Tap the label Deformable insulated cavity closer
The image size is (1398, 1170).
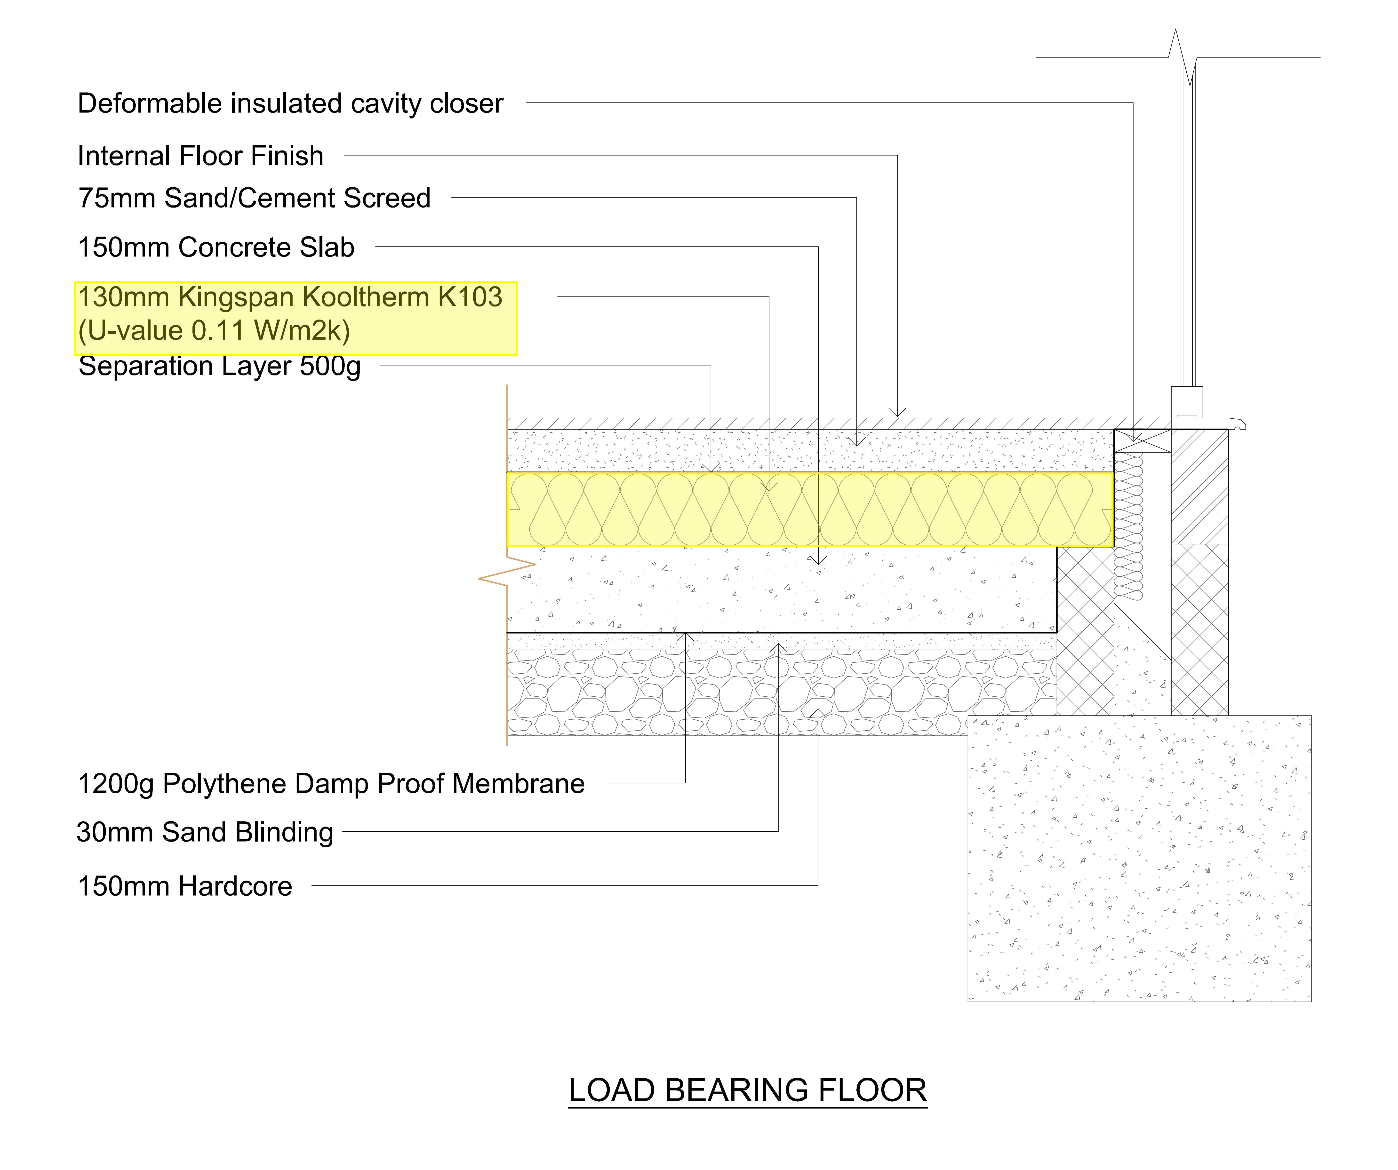coord(290,104)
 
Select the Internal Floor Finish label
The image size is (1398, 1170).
coord(200,156)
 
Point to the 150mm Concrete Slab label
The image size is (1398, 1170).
coord(216,247)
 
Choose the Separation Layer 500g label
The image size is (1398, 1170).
coord(219,366)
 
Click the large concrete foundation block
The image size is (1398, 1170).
coord(1139,859)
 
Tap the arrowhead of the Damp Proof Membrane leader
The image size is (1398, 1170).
coord(685,637)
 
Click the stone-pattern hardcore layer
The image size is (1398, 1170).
coord(782,692)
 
